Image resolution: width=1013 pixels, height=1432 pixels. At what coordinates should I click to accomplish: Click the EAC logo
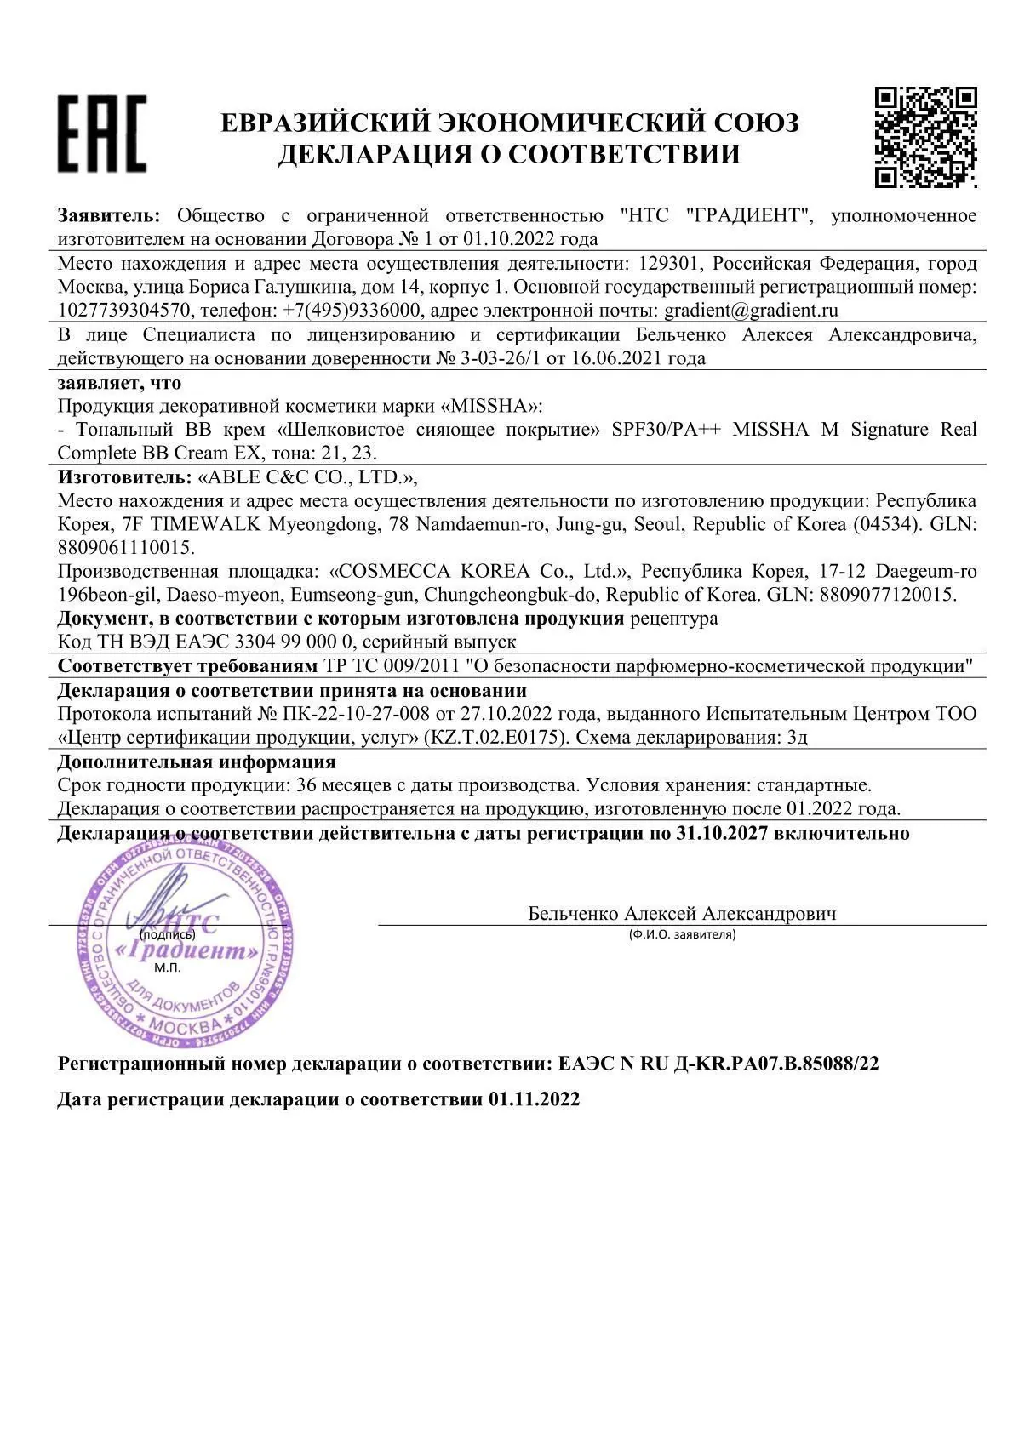click(101, 134)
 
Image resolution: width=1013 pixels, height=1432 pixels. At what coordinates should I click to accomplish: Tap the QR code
click(925, 136)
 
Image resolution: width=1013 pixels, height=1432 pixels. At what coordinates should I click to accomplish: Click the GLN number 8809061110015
click(127, 547)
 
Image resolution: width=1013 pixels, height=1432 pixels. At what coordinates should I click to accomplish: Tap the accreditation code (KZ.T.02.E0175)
click(495, 737)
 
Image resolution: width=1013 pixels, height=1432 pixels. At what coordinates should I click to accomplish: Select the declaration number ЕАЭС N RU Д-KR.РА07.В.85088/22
click(718, 1064)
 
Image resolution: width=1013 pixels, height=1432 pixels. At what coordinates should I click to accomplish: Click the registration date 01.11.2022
click(534, 1098)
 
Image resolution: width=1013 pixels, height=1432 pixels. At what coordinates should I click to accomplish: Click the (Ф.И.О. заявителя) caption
click(682, 934)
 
